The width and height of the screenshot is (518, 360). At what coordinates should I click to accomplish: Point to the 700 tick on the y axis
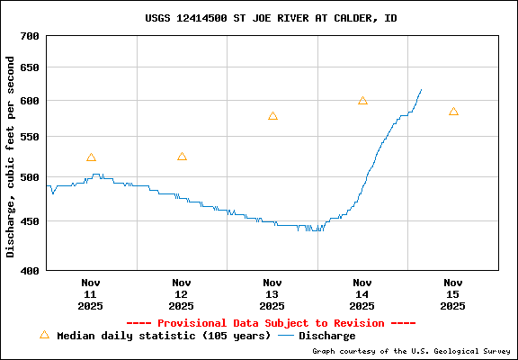click(x=30, y=36)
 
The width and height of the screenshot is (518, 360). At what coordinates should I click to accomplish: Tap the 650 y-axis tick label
click(x=30, y=67)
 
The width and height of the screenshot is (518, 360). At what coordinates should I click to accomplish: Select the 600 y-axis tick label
click(x=30, y=100)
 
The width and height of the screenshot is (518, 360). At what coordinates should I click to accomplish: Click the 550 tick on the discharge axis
click(x=30, y=137)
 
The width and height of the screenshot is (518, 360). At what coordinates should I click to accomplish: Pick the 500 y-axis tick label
click(x=30, y=176)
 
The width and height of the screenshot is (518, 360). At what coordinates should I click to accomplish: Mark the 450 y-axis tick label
click(x=30, y=220)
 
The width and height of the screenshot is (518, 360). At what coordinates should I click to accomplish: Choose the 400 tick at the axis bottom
click(x=30, y=269)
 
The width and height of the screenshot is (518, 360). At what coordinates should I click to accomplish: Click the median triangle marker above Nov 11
click(x=91, y=157)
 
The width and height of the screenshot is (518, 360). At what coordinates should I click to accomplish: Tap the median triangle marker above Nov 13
click(x=272, y=116)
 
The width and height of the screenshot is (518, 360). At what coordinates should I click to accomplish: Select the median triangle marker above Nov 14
click(x=362, y=101)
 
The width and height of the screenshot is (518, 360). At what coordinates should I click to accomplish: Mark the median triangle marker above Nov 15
click(x=453, y=112)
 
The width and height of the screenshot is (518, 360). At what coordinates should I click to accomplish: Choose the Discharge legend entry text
click(x=326, y=336)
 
